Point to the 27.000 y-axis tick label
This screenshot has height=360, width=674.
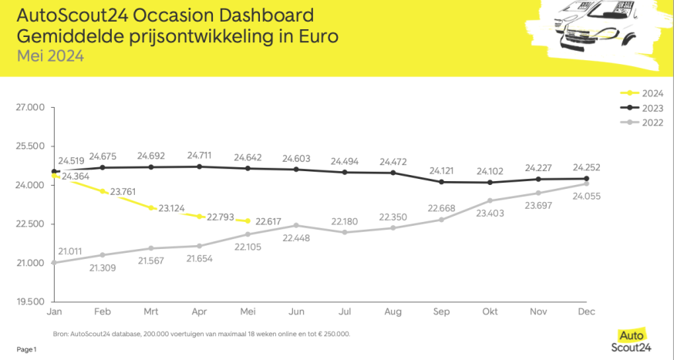(x=30, y=107)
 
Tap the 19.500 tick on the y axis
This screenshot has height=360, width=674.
(x=30, y=302)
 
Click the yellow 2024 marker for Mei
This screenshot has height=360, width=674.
(x=248, y=221)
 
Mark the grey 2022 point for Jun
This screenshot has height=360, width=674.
(x=296, y=225)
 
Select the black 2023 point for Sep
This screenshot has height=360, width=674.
(x=441, y=182)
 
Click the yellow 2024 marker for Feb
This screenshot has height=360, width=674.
(x=103, y=191)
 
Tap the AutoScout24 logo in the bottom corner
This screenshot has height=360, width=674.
(x=635, y=340)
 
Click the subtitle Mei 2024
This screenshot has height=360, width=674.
(x=50, y=56)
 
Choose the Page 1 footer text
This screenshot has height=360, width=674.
(x=26, y=349)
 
